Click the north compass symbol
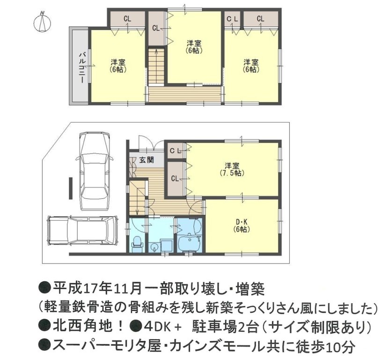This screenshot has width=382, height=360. (x=42, y=22)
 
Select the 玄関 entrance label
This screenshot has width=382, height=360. (x=147, y=160)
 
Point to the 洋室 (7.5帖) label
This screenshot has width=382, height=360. (x=232, y=169)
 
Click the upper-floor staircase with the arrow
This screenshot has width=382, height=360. (x=156, y=65)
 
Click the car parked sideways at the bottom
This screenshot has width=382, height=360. (x=83, y=231)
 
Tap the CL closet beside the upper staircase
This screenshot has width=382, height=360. (x=156, y=29)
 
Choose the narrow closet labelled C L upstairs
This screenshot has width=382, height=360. (x=232, y=19)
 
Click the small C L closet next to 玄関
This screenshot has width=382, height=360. (x=175, y=151)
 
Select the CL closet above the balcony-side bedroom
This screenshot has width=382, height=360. (x=127, y=19)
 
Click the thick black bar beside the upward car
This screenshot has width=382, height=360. (x=71, y=188)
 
